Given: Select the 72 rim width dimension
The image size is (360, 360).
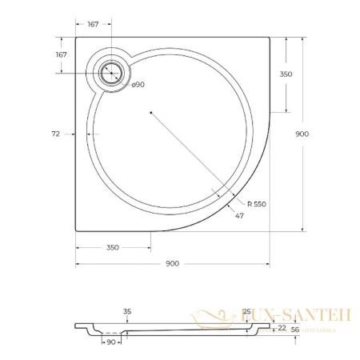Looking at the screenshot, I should tap(56, 134).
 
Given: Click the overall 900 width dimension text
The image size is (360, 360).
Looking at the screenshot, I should tap(171, 265).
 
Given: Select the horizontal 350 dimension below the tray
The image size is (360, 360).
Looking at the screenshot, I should tap(112, 247).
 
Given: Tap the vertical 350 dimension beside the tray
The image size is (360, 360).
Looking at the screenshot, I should tap(286, 74).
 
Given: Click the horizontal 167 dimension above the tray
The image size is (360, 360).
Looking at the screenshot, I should tap(93, 25).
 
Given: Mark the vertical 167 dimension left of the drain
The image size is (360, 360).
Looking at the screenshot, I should tap(61, 54).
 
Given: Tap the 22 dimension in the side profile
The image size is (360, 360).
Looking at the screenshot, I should tap(282, 327).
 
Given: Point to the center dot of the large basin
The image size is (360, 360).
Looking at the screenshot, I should tap(150, 113).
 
